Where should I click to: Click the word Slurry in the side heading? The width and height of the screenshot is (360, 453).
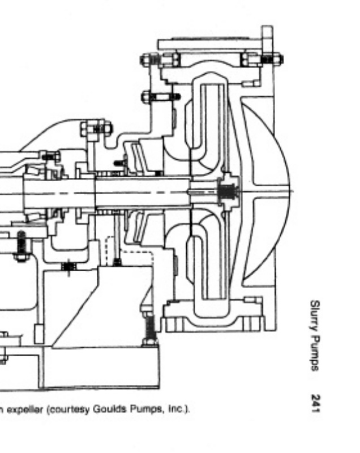[x=315, y=315]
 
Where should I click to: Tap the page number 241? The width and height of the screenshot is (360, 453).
[x=315, y=403]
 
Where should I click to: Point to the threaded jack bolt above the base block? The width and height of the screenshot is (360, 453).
[x=149, y=328]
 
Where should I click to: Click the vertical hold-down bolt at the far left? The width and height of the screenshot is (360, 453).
[x=21, y=245]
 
